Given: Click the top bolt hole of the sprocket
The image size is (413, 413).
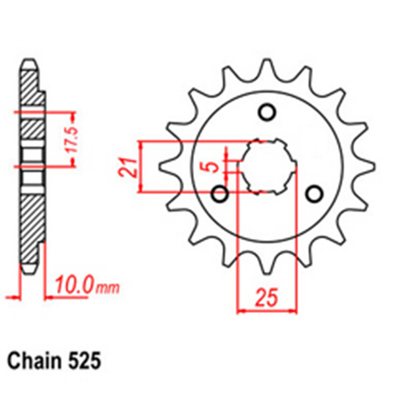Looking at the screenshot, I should coord(267,112).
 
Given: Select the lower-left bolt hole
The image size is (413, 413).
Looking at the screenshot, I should coord(220,194).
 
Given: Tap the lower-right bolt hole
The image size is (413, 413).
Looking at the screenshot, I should coord(314,194).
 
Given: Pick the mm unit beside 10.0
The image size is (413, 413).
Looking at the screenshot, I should coord(107,289).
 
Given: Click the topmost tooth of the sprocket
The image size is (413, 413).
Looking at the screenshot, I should coord(266,68).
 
